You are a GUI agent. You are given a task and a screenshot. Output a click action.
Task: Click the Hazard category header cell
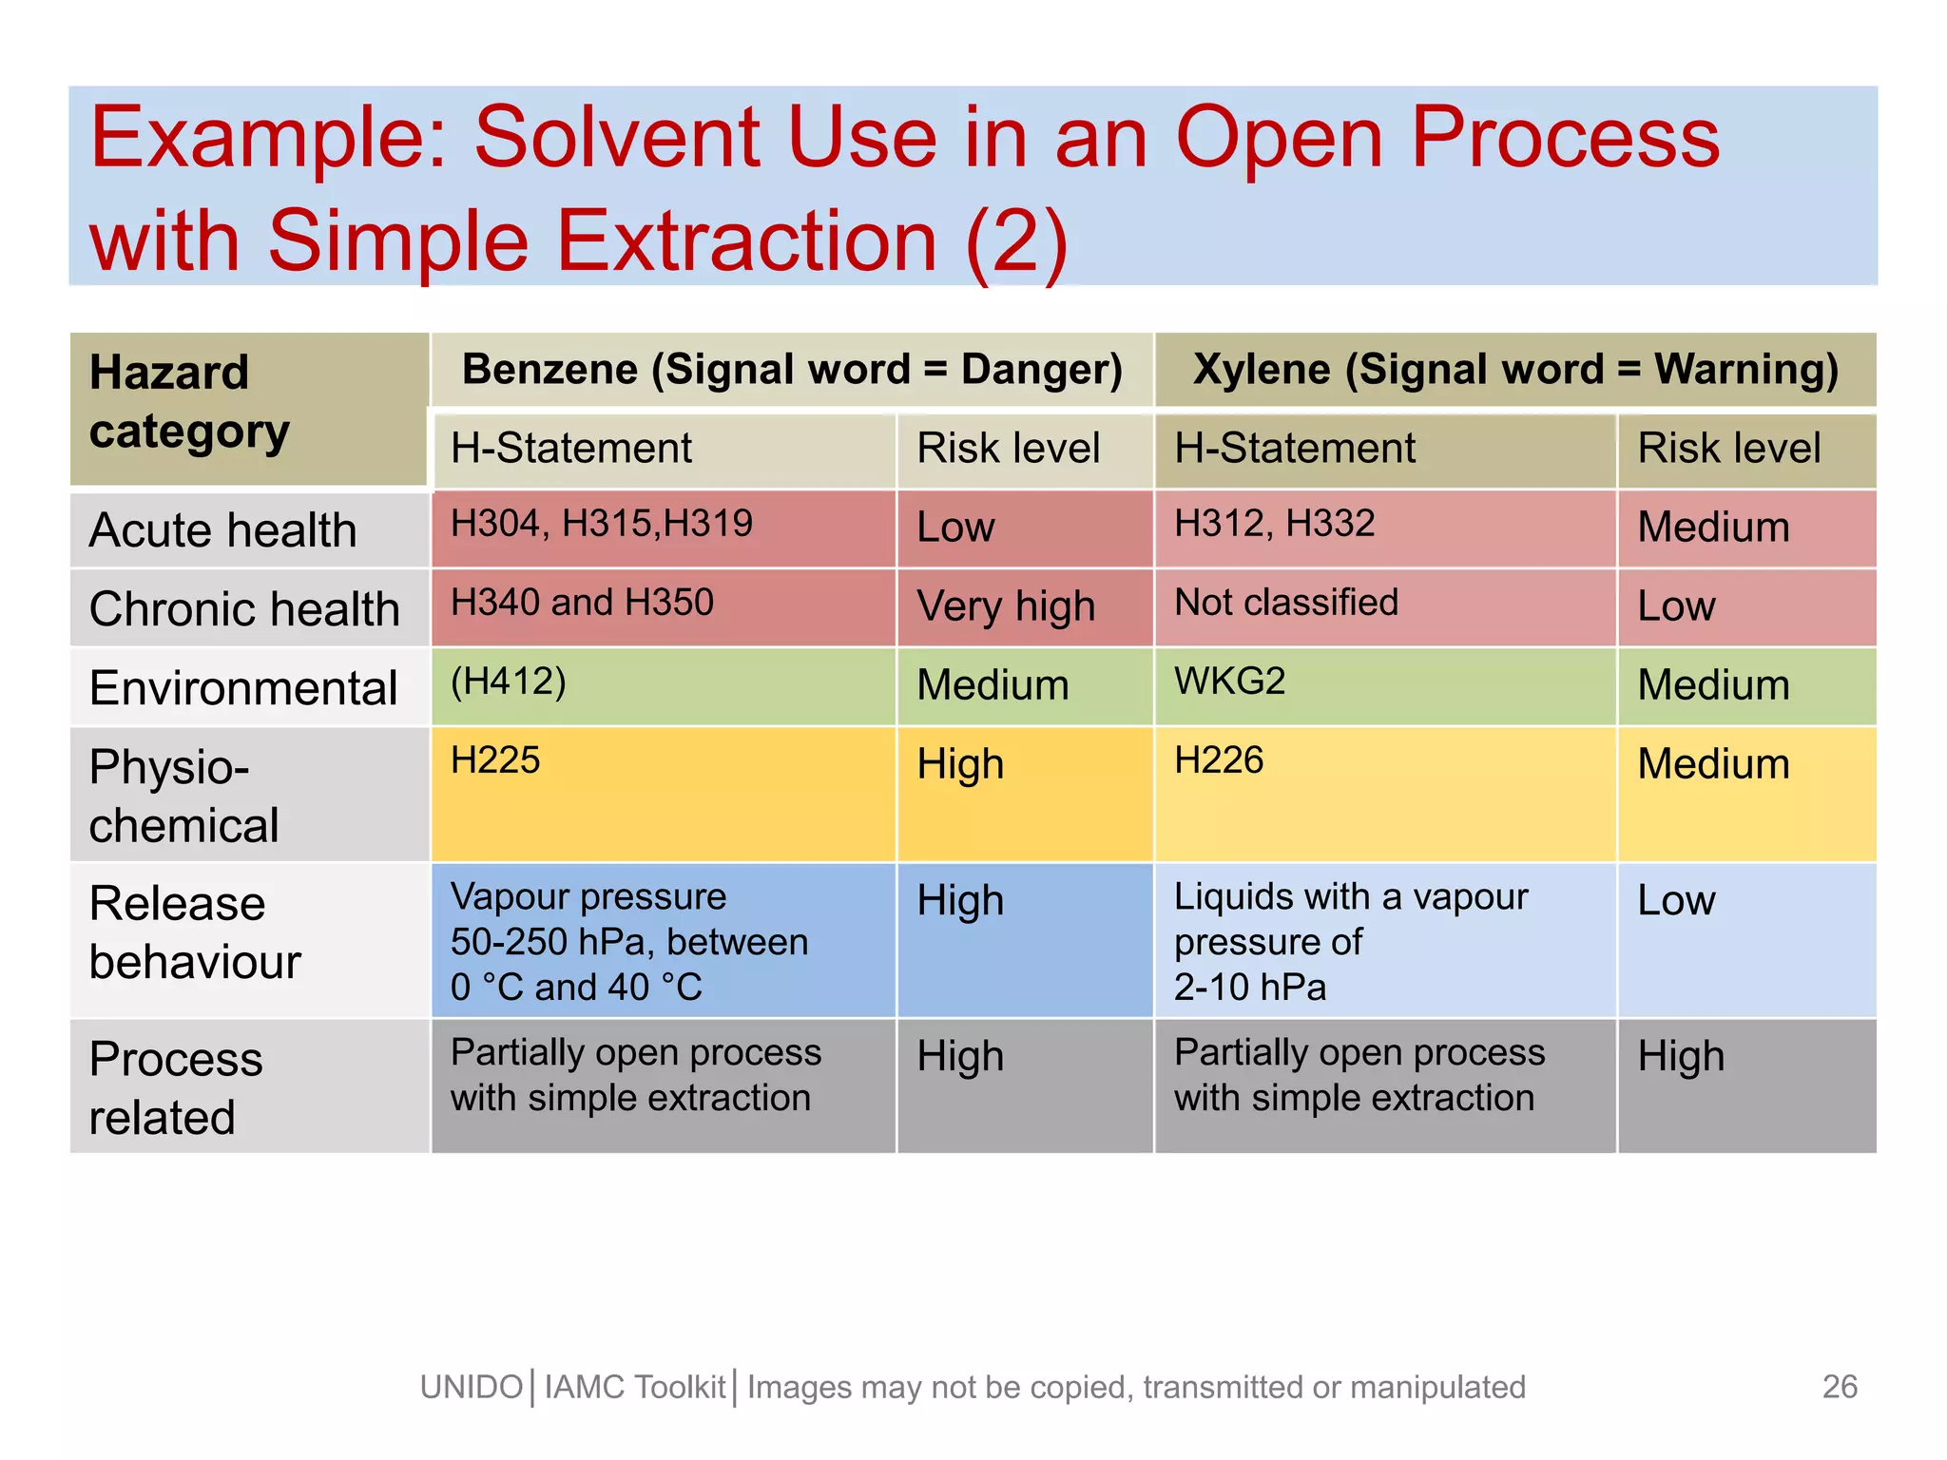[x=249, y=409]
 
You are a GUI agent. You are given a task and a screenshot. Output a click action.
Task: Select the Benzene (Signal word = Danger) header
[x=792, y=370]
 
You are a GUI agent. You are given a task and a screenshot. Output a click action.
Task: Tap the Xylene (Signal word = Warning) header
[x=1515, y=370]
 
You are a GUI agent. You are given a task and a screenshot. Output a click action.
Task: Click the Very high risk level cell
[x=1006, y=606]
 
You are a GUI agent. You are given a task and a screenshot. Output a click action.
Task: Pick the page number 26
[x=1840, y=1387]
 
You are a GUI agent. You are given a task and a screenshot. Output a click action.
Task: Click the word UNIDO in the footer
[x=472, y=1388]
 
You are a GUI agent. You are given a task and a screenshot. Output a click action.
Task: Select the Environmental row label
[x=243, y=688]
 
